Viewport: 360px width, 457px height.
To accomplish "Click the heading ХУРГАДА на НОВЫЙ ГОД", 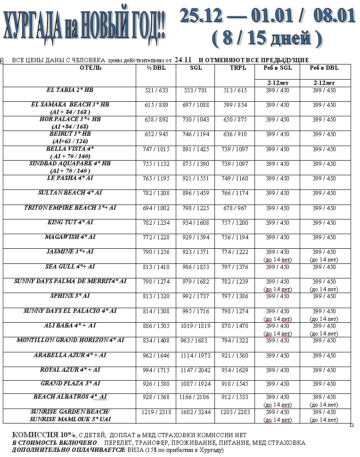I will (x=84, y=29).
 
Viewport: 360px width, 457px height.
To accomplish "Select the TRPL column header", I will (x=234, y=68).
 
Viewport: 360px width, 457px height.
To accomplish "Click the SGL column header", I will (x=195, y=68).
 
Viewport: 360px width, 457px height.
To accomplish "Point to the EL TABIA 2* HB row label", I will (x=70, y=90).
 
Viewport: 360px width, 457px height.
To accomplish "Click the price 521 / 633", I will (x=156, y=90).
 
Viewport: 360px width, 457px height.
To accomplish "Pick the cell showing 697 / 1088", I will (x=196, y=105).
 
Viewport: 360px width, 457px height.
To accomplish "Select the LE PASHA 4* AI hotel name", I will (x=70, y=179).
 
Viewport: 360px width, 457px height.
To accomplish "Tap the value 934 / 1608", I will (x=196, y=223).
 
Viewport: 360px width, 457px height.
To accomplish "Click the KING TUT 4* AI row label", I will (x=70, y=222).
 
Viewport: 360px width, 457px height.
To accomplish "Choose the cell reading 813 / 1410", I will (x=156, y=267).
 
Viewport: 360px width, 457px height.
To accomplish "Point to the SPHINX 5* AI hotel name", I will (x=70, y=296).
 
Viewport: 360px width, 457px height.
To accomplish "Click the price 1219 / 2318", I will (x=156, y=412).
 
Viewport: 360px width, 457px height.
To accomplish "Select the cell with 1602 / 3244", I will (x=196, y=412).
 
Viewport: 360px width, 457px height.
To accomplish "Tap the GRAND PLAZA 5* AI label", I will (x=70, y=384).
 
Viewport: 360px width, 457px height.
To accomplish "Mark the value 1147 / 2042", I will (x=196, y=370).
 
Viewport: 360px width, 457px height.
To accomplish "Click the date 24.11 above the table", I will (x=182, y=60).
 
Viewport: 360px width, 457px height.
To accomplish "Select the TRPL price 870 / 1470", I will (x=235, y=326).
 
